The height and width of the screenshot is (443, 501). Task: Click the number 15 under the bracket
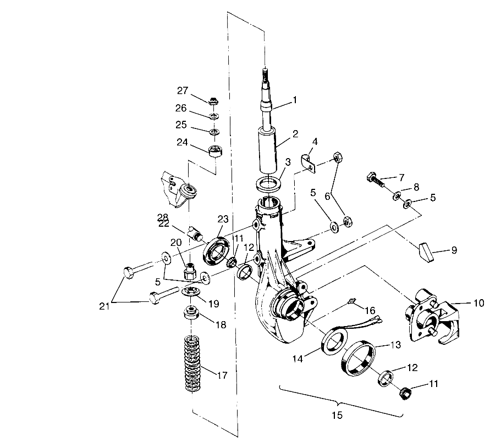pos(337,415)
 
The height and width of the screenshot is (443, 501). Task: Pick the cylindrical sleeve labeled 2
pos(267,149)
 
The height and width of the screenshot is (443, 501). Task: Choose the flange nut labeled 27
pos(212,102)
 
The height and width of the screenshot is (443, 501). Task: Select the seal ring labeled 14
pos(334,343)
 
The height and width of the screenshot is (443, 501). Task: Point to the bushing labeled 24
pos(216,151)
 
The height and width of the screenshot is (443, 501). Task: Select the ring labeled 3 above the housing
pos(268,184)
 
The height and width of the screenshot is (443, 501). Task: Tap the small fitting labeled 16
pos(352,300)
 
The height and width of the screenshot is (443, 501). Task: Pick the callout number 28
pos(163,217)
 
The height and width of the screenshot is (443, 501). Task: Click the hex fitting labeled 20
pos(190,272)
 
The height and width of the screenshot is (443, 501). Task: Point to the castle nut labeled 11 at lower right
pos(405,392)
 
